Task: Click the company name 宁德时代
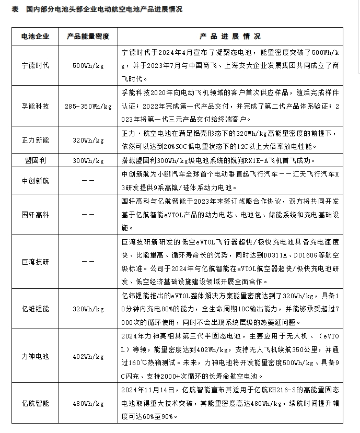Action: tap(36, 66)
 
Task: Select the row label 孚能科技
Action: tap(36, 106)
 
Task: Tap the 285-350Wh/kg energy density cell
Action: tap(88, 106)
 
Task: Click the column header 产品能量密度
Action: tap(88, 37)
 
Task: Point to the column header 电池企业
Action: tap(36, 37)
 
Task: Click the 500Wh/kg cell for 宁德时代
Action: tap(88, 66)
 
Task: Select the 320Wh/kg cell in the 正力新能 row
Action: tap(88, 141)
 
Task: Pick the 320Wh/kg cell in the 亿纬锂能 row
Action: tap(88, 309)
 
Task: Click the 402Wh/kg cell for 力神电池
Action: tap(88, 357)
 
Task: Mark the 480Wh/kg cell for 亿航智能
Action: tap(88, 403)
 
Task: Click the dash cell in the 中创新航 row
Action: tap(88, 181)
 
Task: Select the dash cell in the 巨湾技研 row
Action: tap(88, 262)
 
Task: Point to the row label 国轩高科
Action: tap(36, 214)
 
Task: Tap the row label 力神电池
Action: tap(36, 357)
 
